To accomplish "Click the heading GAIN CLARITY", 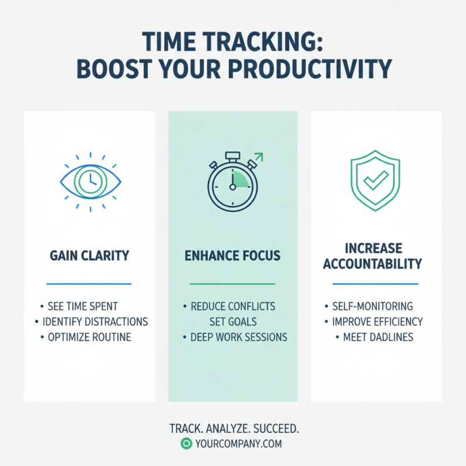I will (89, 255).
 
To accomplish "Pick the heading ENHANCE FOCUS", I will (232, 255).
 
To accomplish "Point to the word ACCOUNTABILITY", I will (372, 264).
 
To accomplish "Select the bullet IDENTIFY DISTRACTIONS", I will (95, 322).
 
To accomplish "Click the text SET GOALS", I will (233, 322).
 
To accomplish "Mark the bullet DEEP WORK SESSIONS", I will (238, 337).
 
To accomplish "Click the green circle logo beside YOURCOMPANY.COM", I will (186, 444).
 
